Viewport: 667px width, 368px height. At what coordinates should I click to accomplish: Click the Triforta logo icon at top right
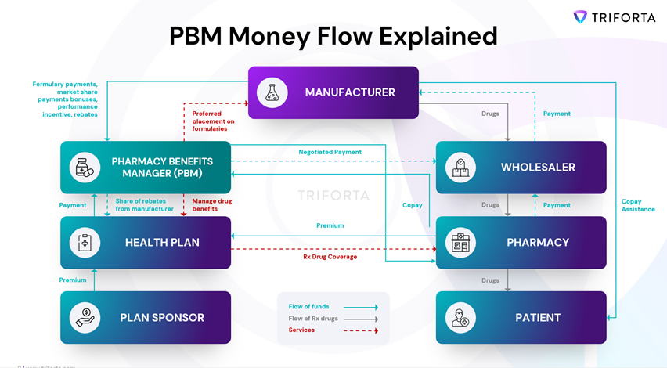click(580, 16)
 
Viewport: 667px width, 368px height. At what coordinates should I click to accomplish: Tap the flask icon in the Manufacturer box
click(272, 92)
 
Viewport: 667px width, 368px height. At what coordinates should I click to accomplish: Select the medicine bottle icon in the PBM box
click(84, 168)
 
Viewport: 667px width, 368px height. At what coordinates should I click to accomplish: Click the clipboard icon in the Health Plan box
click(84, 243)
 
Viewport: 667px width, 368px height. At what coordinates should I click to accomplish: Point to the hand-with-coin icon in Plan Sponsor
click(84, 318)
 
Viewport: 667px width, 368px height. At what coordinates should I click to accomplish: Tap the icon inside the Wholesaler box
click(460, 168)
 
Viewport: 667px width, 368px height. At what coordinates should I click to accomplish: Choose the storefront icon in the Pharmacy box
click(460, 243)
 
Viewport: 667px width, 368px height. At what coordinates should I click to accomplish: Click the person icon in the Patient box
click(460, 318)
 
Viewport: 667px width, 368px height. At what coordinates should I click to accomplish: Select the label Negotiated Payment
click(330, 152)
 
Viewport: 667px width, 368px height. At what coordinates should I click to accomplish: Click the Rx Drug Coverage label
click(330, 257)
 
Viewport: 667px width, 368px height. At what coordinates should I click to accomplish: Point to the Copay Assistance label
click(637, 205)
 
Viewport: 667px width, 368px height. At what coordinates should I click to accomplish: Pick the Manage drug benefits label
click(212, 205)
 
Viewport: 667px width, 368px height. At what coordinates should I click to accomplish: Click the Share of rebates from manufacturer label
click(144, 205)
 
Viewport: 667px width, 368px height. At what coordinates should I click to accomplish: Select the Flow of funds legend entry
click(309, 306)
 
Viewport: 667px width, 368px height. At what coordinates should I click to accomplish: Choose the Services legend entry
click(301, 330)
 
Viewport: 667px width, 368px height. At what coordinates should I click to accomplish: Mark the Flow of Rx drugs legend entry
click(314, 318)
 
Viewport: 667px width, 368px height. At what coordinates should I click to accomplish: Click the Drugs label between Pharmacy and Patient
click(490, 280)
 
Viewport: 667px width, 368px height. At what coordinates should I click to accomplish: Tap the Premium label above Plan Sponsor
click(73, 280)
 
